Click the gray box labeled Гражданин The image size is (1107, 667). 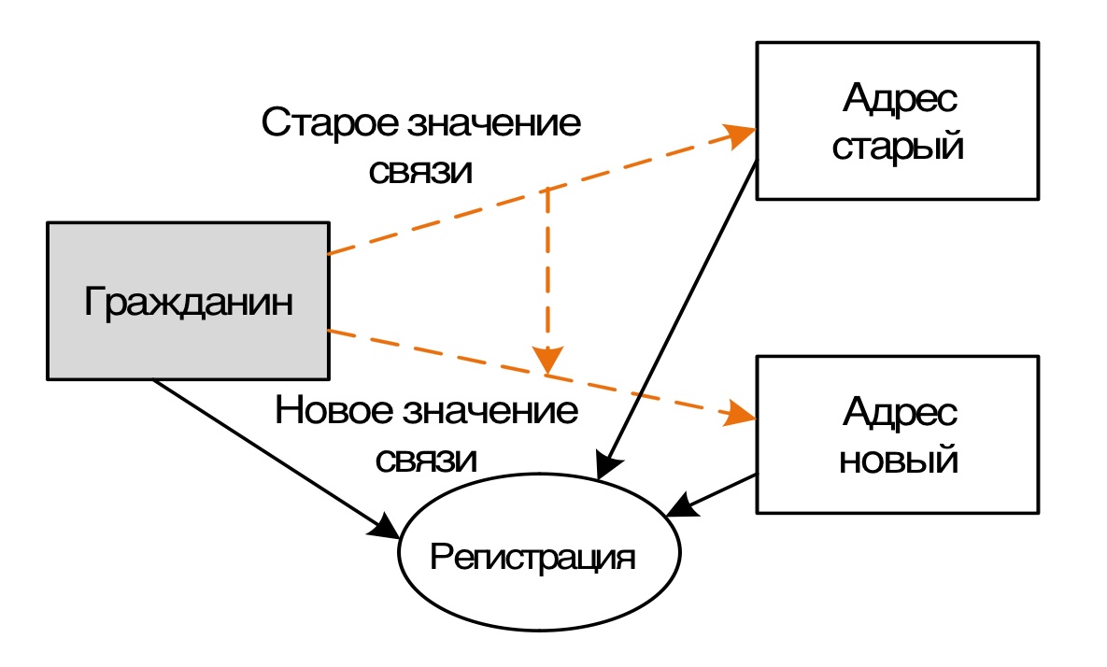(x=187, y=300)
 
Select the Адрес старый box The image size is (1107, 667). (x=897, y=121)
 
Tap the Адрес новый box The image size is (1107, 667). (x=897, y=433)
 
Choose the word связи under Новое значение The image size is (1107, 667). (x=427, y=460)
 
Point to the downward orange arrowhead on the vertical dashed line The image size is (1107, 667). (x=547, y=359)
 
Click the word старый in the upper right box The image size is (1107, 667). (x=897, y=148)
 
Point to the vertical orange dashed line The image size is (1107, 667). (x=547, y=271)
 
